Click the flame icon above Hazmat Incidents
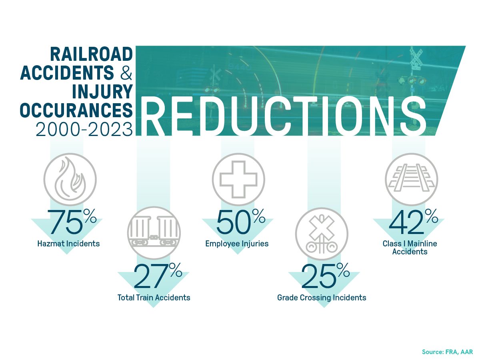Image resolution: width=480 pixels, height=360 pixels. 70,179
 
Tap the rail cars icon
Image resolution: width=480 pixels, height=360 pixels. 154,232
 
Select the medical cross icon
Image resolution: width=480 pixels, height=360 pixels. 238,179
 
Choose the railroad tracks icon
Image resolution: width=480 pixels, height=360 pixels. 411,179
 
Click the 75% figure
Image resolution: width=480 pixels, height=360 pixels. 72,221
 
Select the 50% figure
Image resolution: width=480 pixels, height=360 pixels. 241,221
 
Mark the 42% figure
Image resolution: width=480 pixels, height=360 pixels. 413,221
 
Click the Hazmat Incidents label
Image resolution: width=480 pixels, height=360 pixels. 68,244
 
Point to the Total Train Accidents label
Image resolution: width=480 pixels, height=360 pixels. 154,298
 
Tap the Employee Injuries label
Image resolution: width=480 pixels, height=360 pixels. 237,244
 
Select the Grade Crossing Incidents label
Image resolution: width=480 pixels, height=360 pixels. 322,298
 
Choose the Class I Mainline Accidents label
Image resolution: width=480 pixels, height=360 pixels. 410,248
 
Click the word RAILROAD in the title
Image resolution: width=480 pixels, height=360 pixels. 92,54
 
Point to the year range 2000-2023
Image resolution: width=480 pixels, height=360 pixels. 84,129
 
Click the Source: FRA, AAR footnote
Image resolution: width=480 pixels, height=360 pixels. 448,352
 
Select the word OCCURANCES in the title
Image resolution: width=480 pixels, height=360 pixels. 76,110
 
